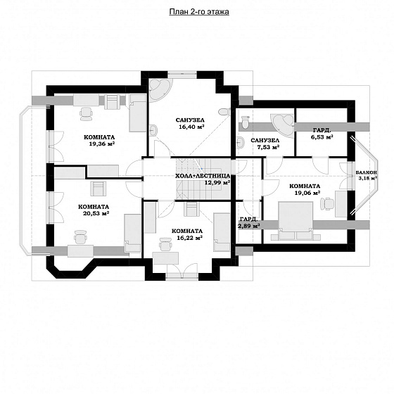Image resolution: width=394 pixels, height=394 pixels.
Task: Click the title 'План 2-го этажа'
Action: point(199,12)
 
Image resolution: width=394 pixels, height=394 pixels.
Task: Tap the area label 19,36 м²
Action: point(102,144)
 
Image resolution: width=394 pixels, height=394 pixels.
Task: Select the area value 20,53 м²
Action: point(96,213)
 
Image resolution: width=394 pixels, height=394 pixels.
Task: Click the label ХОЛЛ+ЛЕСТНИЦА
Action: point(203,176)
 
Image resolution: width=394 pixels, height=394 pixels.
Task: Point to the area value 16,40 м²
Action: point(191,127)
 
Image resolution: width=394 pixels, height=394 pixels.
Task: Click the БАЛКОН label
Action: point(367,172)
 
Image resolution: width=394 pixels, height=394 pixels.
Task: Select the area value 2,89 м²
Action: point(249,226)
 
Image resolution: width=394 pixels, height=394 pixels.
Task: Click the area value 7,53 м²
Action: point(269,147)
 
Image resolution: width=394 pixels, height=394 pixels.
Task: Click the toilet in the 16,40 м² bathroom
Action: point(224,112)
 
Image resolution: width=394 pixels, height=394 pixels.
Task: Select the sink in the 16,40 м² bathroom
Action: point(153,130)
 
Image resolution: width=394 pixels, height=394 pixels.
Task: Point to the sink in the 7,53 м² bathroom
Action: point(240,142)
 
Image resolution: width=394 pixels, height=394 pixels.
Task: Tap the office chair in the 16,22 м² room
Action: point(165,244)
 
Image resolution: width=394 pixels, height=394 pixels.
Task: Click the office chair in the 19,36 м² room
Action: point(86,113)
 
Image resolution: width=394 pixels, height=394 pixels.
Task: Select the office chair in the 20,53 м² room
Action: point(81,237)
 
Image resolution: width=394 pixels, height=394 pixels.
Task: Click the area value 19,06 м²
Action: point(307,193)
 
